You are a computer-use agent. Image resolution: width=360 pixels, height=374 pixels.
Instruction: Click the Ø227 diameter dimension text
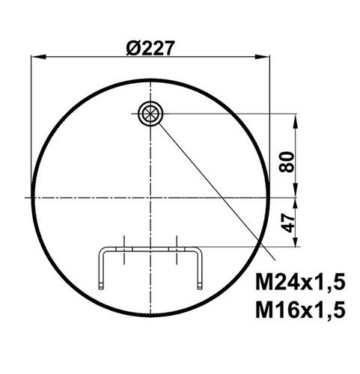(150, 48)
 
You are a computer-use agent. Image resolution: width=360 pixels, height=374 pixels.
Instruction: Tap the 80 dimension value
(287, 162)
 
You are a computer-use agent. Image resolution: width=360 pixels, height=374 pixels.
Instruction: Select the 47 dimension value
(287, 223)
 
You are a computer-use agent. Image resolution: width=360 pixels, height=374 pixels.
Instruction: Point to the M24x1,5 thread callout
(300, 282)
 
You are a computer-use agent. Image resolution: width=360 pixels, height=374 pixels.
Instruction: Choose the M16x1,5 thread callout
(300, 310)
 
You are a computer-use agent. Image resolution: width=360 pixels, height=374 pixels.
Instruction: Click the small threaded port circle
(150, 114)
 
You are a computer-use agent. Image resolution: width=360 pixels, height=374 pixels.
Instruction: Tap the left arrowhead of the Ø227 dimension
(39, 57)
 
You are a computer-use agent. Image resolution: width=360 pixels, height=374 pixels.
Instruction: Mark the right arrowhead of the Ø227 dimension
(262, 57)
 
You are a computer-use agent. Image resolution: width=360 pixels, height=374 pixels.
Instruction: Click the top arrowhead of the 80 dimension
(296, 121)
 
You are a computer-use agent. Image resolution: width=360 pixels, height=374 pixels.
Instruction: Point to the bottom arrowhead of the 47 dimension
(296, 240)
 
